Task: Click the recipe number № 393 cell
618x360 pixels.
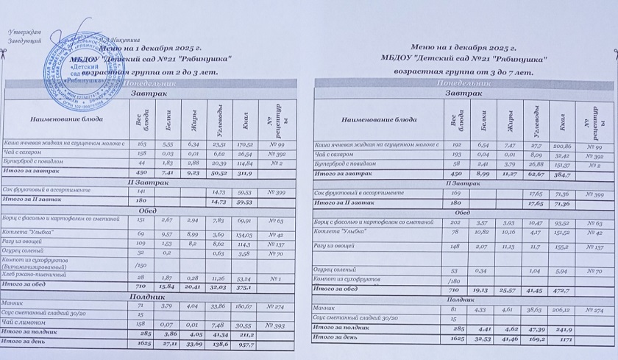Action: click(x=276, y=325)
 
